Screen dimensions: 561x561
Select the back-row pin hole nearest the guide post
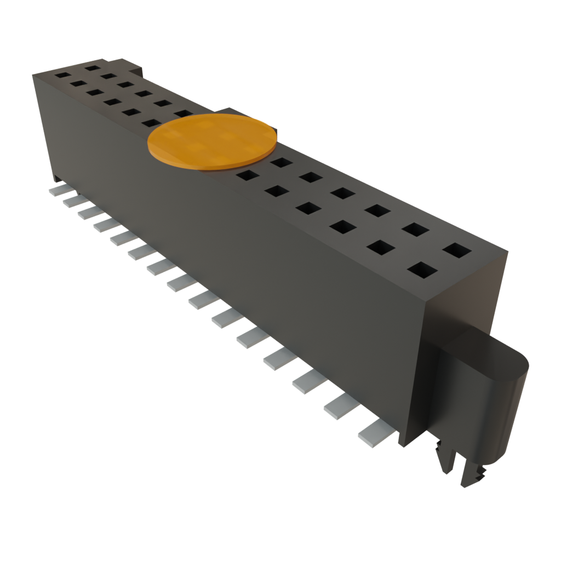pyautogui.click(x=457, y=250)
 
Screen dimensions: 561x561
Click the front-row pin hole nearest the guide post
pyautogui.click(x=422, y=270)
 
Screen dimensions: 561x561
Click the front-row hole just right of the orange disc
pyautogui.click(x=247, y=175)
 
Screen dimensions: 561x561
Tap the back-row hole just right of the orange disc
pyautogui.click(x=282, y=162)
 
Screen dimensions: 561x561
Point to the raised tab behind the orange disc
pyautogui.click(x=230, y=112)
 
